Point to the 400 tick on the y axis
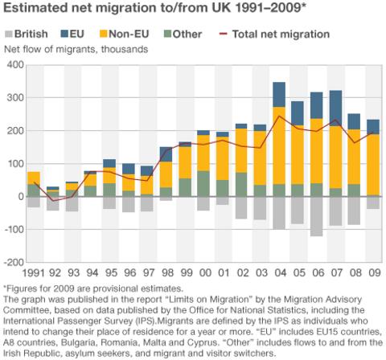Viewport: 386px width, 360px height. (x=14, y=64)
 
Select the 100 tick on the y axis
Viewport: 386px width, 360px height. (x=14, y=163)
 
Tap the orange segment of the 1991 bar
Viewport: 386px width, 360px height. (x=34, y=178)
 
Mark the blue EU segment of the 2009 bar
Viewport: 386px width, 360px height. (x=373, y=126)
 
